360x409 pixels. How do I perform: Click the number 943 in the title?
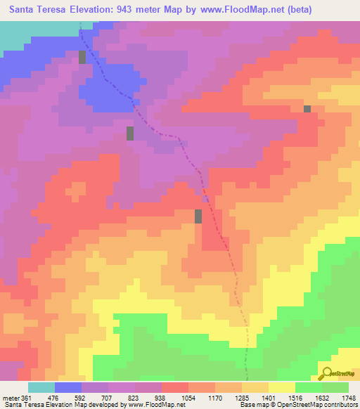click(x=150, y=10)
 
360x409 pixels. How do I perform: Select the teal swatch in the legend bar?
click(x=41, y=387)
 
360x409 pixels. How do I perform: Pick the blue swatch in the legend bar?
click(x=68, y=387)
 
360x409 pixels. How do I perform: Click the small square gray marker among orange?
click(x=307, y=108)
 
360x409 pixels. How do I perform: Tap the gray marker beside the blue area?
click(x=82, y=57)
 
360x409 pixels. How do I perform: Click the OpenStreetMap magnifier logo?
click(x=328, y=372)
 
